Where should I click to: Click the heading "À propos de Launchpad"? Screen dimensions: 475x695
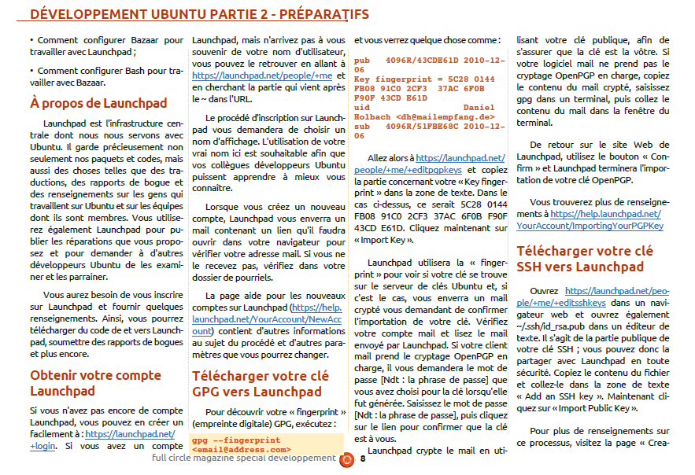pos(98,103)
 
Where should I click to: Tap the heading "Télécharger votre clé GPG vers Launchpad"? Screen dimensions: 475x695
pos(261,383)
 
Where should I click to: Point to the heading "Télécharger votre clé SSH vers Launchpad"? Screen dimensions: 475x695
pos(584,259)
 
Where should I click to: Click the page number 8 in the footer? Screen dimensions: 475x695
pos(363,458)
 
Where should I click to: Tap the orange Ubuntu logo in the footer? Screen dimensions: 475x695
pos(346,458)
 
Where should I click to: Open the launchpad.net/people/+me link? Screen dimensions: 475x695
pos(262,76)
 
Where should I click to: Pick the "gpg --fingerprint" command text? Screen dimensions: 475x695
pos(236,440)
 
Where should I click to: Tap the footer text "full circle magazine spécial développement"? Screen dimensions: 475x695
pos(243,458)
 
